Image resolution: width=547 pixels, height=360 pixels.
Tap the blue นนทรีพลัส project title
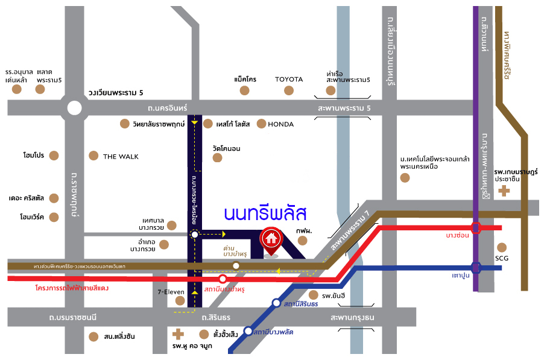click(265, 213)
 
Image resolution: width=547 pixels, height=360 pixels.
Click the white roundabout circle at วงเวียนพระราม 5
click(74, 109)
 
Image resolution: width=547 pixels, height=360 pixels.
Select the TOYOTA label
click(289, 79)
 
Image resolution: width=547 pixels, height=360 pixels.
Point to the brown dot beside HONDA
click(261, 124)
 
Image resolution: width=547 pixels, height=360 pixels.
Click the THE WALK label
click(121, 157)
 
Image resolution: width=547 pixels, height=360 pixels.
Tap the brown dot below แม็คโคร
click(244, 90)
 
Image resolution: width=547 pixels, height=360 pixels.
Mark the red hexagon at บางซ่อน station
click(476, 227)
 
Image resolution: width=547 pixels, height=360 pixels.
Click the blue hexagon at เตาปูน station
click(476, 267)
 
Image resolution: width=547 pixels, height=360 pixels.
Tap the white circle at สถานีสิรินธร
click(276, 303)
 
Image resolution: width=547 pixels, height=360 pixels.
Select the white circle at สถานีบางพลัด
click(248, 331)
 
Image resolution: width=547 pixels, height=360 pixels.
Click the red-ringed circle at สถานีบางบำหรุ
click(223, 279)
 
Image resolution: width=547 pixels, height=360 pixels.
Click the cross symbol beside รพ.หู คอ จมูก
click(178, 333)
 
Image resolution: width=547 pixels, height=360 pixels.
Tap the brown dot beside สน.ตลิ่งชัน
click(93, 336)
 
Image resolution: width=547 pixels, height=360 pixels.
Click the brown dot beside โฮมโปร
click(54, 156)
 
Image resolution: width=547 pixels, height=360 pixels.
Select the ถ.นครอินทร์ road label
click(168, 108)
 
